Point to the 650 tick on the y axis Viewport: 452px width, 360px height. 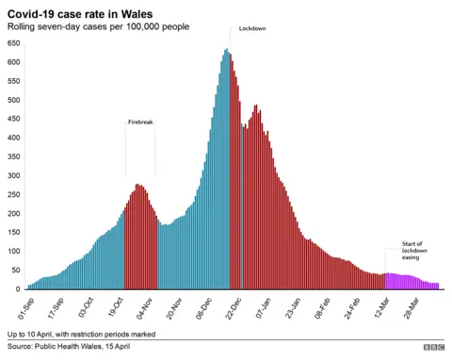(x=14, y=43)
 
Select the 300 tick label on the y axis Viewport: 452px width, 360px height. (x=14, y=175)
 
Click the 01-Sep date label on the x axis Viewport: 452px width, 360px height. (x=25, y=307)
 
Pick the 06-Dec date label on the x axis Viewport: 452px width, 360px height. (x=203, y=307)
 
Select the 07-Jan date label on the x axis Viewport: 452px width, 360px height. (x=262, y=307)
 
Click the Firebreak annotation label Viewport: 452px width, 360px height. (x=140, y=122)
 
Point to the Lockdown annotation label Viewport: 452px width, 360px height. (x=252, y=29)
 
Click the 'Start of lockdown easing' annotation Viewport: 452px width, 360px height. (x=414, y=251)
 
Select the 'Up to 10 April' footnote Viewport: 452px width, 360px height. (x=80, y=335)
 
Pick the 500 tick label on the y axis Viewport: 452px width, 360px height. (x=14, y=100)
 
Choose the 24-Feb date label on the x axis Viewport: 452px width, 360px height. (x=351, y=307)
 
